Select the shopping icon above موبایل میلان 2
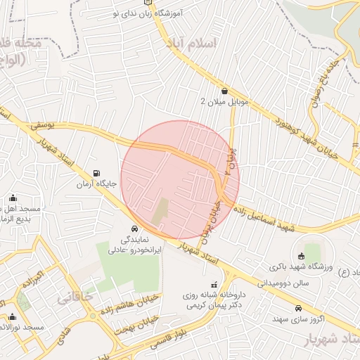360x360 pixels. (224, 91)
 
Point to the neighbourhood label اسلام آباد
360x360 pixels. (192, 44)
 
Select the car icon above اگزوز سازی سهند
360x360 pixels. (298, 308)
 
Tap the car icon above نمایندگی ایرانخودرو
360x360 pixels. (134, 229)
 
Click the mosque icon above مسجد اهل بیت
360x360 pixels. (12, 199)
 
